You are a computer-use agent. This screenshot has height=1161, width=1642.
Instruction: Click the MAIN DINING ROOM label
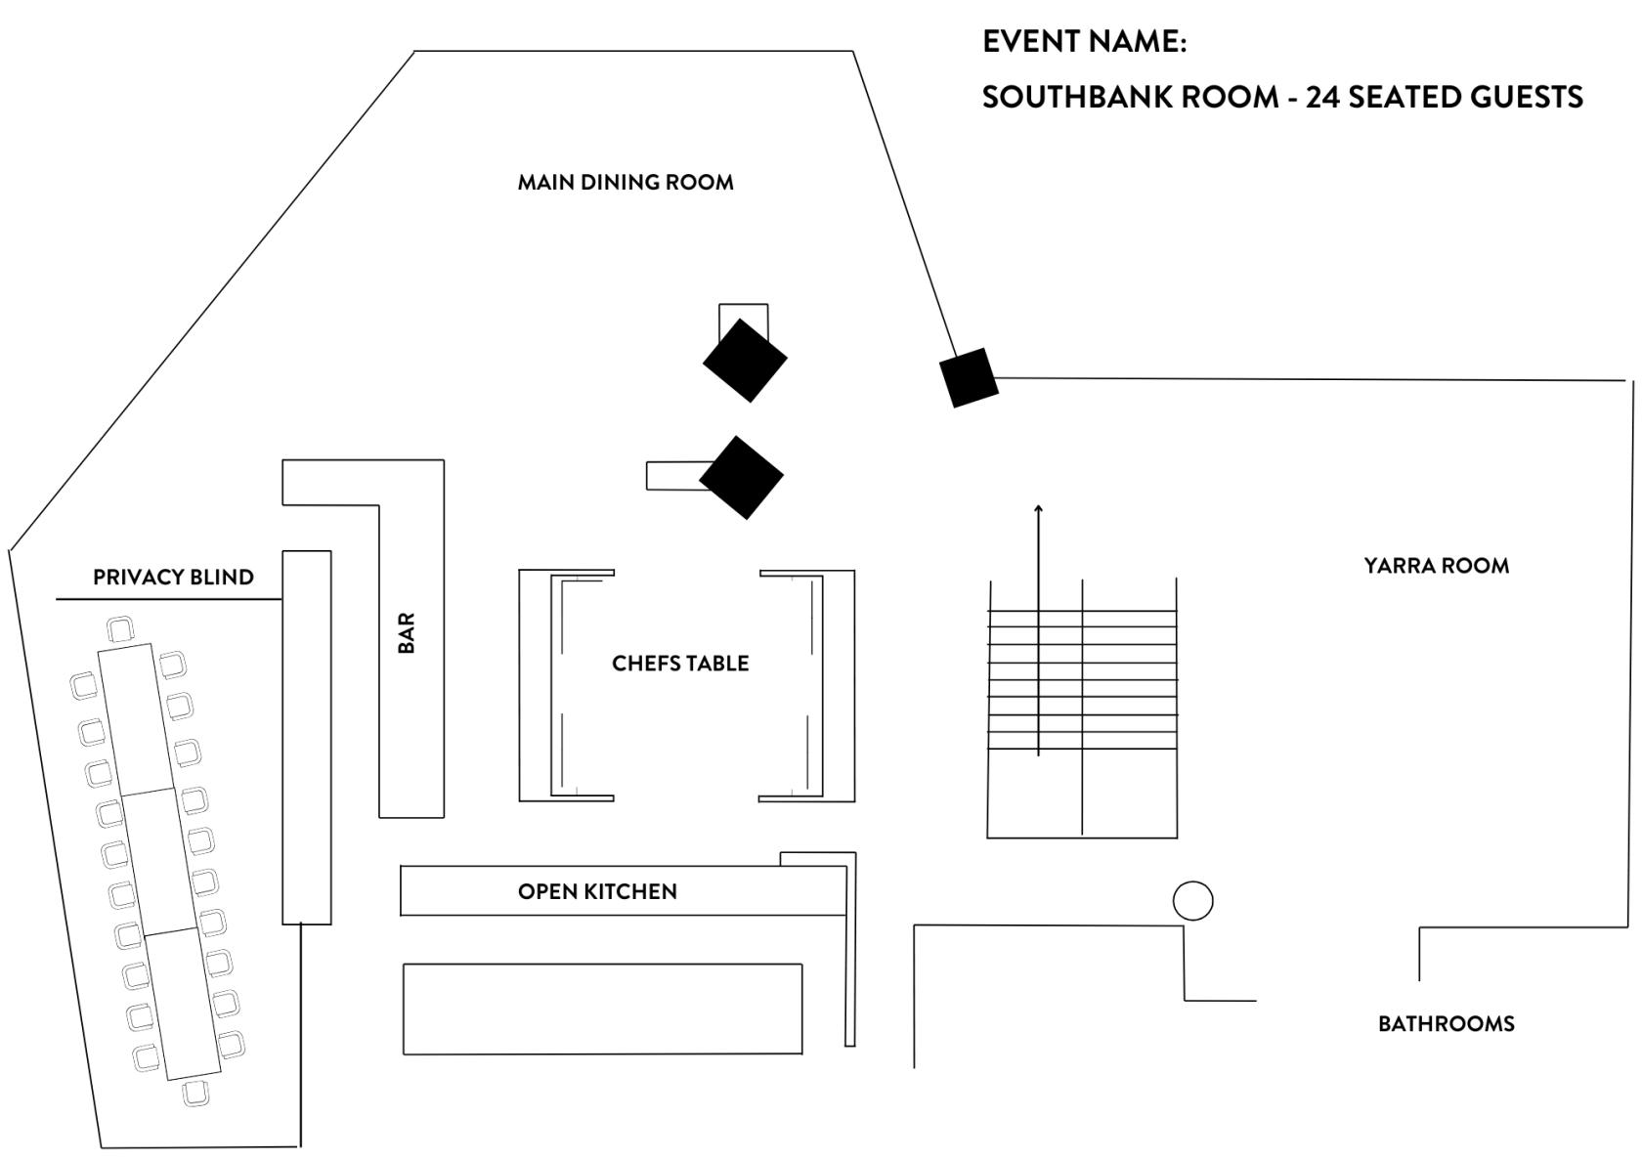click(x=626, y=182)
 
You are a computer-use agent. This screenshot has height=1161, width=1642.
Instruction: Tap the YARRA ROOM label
click(x=1436, y=565)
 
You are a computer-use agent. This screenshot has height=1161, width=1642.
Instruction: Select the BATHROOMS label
click(x=1446, y=1023)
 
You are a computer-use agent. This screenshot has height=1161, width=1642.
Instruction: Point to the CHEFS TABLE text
click(x=680, y=664)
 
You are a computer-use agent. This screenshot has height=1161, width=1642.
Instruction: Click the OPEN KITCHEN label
click(x=597, y=891)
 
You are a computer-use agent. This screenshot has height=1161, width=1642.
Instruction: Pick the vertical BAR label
click(x=407, y=633)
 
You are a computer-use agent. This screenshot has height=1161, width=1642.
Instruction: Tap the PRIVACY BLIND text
click(x=173, y=577)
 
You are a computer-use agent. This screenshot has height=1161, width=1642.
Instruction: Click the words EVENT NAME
click(x=1084, y=41)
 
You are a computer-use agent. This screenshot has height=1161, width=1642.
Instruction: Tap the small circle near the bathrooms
click(x=1192, y=901)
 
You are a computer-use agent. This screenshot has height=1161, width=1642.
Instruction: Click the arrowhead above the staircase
click(x=1038, y=508)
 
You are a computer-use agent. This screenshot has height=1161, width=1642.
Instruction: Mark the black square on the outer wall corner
click(x=970, y=377)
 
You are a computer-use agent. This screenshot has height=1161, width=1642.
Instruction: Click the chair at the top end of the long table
click(x=121, y=629)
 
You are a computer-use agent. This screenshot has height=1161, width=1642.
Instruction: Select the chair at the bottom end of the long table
click(x=195, y=1094)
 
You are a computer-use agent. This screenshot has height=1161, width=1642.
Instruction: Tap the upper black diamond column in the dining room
click(x=745, y=361)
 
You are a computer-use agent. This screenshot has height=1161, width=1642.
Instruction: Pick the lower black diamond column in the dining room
click(x=741, y=478)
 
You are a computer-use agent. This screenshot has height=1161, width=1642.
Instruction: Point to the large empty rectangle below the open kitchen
click(x=602, y=1010)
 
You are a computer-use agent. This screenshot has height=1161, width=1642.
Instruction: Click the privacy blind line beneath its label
click(x=169, y=600)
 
